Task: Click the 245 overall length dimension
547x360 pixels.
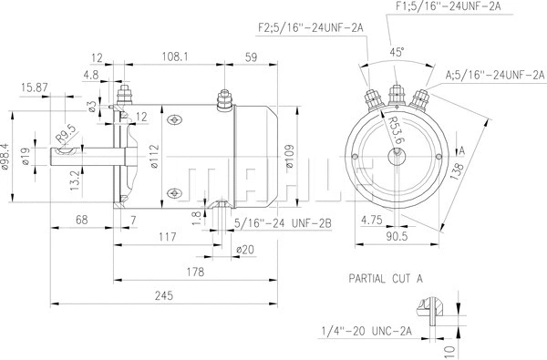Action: (163, 295)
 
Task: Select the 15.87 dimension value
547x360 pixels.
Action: (35, 87)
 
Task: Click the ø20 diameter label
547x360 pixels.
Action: (245, 248)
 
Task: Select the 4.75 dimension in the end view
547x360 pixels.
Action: (371, 219)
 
